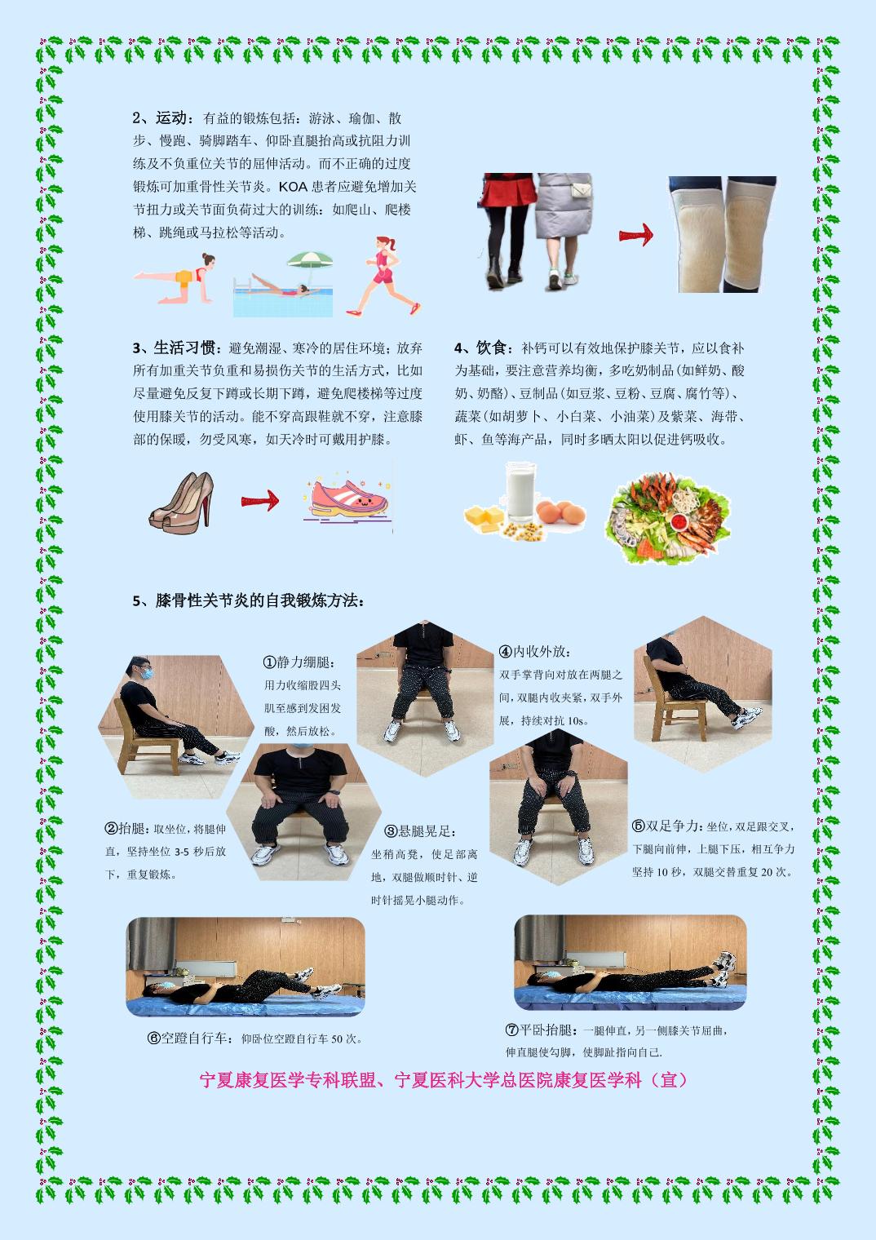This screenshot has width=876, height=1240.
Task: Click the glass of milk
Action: click(x=520, y=493)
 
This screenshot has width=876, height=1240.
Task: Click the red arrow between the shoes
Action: click(x=260, y=501)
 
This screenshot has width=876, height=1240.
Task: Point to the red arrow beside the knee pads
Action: click(x=636, y=235)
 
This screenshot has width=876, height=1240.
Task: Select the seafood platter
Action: click(x=668, y=518)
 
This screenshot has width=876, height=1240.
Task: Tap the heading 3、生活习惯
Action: click(x=174, y=348)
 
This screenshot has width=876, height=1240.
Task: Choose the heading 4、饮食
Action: click(x=480, y=348)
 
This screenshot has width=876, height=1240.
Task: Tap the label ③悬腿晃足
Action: click(x=418, y=831)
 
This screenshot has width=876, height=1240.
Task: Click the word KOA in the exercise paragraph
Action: click(x=293, y=187)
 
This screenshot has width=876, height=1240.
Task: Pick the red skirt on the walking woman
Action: click(x=507, y=190)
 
